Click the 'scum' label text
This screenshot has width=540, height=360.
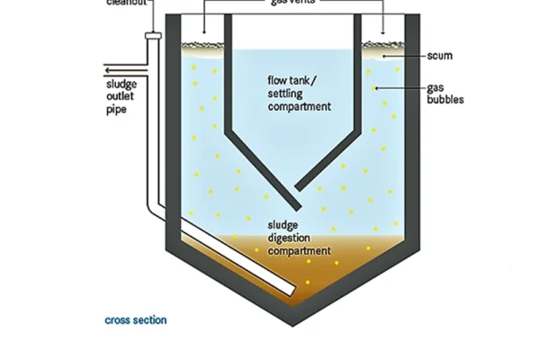click(x=440, y=56)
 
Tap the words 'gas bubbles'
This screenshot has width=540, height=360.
click(x=445, y=94)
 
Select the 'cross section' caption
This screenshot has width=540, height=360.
click(x=136, y=319)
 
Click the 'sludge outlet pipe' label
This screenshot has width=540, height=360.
click(x=121, y=97)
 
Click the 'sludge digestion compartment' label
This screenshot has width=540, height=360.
click(x=299, y=238)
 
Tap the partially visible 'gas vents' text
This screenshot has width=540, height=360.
click(x=293, y=3)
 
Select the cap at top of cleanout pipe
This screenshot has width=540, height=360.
click(x=152, y=37)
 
